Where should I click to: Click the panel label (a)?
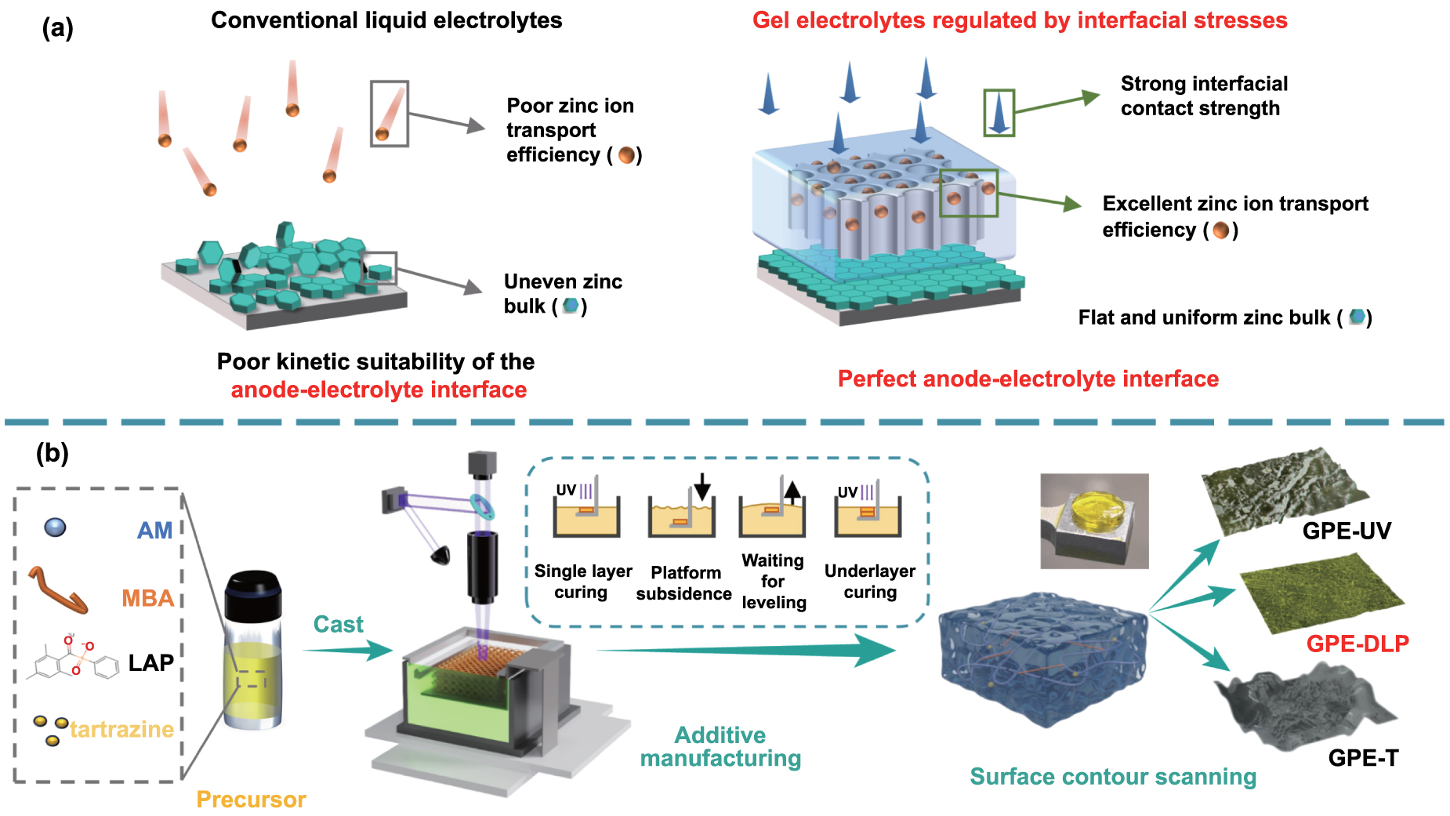tap(57, 28)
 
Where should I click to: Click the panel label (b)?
tap(53, 453)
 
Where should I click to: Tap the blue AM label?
tap(154, 531)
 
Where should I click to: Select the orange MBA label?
tap(147, 599)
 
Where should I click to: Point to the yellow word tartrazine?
tap(122, 730)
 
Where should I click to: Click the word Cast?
tap(338, 625)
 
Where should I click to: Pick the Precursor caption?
tap(251, 800)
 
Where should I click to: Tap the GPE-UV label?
tap(1347, 531)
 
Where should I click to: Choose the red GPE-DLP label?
tap(1358, 644)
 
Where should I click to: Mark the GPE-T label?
tap(1363, 758)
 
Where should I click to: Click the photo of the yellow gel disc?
tap(1094, 520)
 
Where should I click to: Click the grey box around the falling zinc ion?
tap(390, 114)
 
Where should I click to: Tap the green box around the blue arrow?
tap(999, 113)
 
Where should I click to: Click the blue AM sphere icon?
tap(55, 528)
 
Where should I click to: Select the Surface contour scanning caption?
tap(1113, 777)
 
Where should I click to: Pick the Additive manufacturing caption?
tap(720, 747)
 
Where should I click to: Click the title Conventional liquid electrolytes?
tap(386, 20)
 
